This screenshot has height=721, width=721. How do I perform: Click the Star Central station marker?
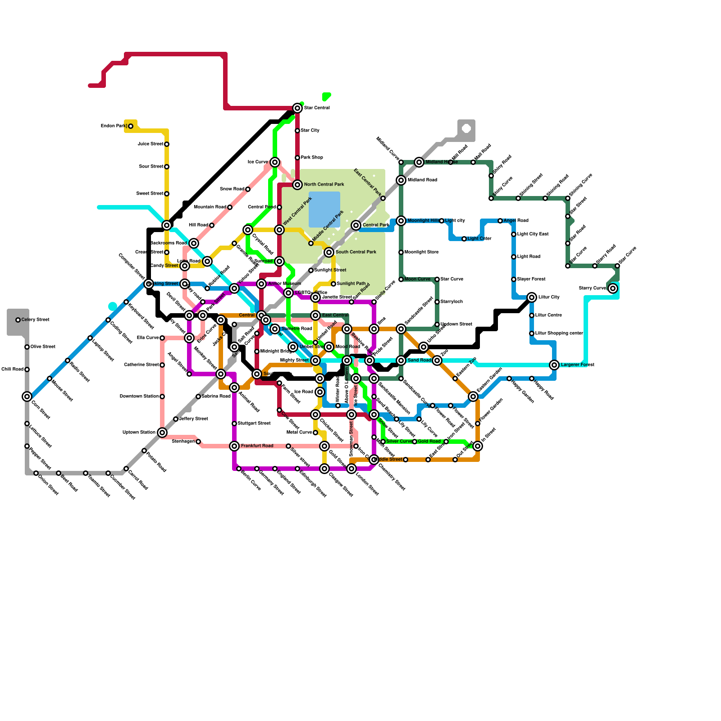click(297, 108)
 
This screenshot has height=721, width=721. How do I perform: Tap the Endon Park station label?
click(114, 126)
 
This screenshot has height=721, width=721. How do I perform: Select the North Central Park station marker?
click(297, 185)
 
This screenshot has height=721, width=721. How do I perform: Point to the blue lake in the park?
click(324, 210)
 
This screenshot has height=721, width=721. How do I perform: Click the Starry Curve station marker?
click(613, 288)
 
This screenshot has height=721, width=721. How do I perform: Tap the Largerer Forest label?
click(578, 365)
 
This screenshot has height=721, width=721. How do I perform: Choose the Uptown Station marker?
click(162, 433)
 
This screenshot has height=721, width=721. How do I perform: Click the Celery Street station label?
click(36, 320)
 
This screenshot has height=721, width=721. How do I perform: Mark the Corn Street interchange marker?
click(27, 397)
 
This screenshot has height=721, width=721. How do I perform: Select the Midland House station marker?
click(419, 162)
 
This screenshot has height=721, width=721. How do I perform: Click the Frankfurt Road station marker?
click(234, 446)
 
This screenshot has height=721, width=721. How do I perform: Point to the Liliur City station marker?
click(532, 297)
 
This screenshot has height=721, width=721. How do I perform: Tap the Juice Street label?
click(151, 144)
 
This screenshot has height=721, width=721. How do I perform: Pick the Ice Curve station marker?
click(275, 162)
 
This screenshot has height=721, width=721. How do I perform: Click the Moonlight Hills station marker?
click(401, 221)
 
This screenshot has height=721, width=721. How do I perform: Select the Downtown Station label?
click(139, 397)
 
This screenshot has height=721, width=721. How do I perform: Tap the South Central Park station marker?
click(329, 252)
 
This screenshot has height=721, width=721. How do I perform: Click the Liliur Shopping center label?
click(559, 333)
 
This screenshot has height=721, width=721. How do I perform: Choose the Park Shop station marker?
click(297, 158)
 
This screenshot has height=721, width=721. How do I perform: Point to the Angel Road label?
click(516, 221)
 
